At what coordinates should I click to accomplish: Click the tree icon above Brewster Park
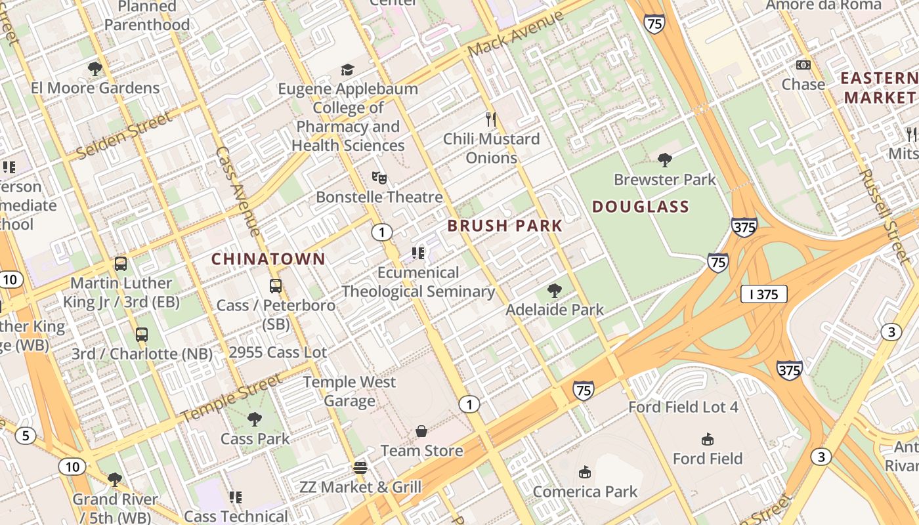pyautogui.click(x=664, y=159)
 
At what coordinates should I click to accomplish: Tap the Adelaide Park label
pyautogui.click(x=555, y=309)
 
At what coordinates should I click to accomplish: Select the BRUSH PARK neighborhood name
pyautogui.click(x=505, y=226)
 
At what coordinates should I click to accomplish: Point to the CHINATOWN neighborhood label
pyautogui.click(x=268, y=259)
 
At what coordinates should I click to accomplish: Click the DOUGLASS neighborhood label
pyautogui.click(x=641, y=207)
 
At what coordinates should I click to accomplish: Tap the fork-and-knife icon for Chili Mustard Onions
pyautogui.click(x=490, y=119)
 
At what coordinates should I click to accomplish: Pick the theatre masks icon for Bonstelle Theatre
pyautogui.click(x=379, y=177)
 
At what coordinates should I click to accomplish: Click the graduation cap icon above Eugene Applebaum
pyautogui.click(x=347, y=70)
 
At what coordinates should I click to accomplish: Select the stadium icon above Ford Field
pyautogui.click(x=707, y=439)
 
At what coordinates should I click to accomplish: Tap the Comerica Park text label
pyautogui.click(x=585, y=492)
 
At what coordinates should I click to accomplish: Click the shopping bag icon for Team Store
pyautogui.click(x=421, y=431)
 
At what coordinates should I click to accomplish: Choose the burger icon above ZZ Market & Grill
pyautogui.click(x=360, y=468)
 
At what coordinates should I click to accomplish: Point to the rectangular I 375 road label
pyautogui.click(x=763, y=294)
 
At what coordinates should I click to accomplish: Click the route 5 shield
pyautogui.click(x=26, y=435)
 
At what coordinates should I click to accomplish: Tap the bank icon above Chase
pyautogui.click(x=803, y=65)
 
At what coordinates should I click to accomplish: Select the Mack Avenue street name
pyautogui.click(x=516, y=33)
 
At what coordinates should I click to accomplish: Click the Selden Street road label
pyautogui.click(x=123, y=136)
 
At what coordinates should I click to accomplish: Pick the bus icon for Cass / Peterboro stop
pyautogui.click(x=276, y=286)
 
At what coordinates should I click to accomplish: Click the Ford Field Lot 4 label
pyautogui.click(x=683, y=407)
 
